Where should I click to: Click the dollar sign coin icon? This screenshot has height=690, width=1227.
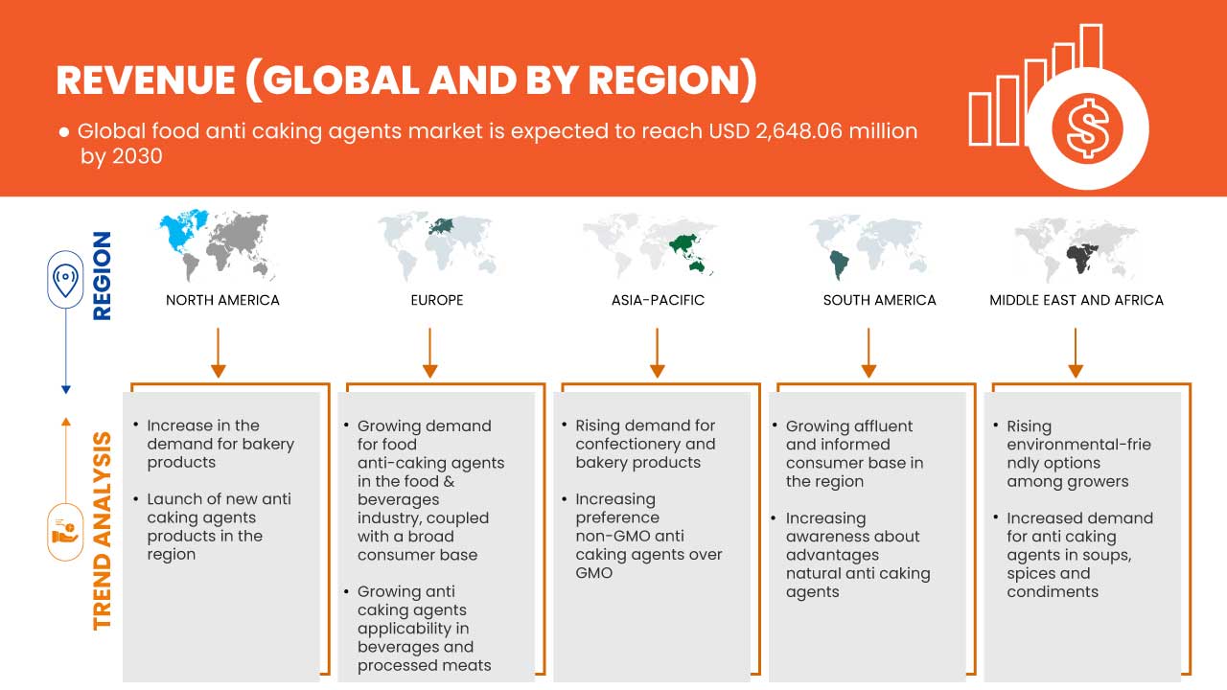(1086, 128)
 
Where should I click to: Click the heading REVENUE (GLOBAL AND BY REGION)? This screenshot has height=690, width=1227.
(406, 80)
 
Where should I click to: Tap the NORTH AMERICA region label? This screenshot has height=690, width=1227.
(222, 300)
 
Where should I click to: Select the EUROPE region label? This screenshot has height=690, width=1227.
(436, 300)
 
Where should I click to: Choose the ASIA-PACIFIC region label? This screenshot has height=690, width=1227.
(658, 300)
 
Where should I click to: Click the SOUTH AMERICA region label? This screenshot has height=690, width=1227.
(879, 300)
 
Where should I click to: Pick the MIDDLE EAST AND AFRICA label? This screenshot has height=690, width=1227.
(1077, 300)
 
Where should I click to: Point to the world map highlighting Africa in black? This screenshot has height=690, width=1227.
(1076, 247)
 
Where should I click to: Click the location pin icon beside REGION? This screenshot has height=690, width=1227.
(65, 280)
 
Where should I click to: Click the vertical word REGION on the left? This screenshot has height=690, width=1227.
(101, 276)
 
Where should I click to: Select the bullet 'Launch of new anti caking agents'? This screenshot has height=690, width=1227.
(219, 526)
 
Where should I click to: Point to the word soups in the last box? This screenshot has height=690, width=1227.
(1107, 555)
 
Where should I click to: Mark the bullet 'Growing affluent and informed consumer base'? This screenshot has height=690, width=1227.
(854, 453)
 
